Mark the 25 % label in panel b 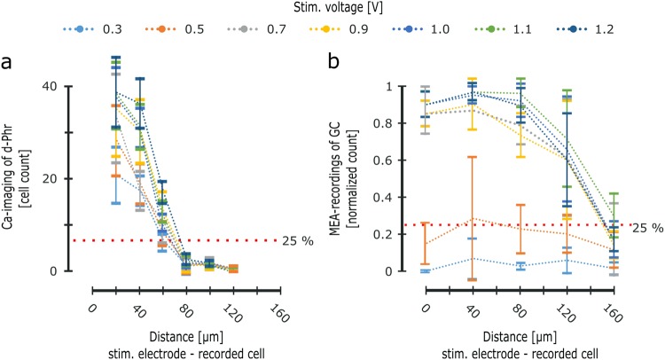[645, 228]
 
